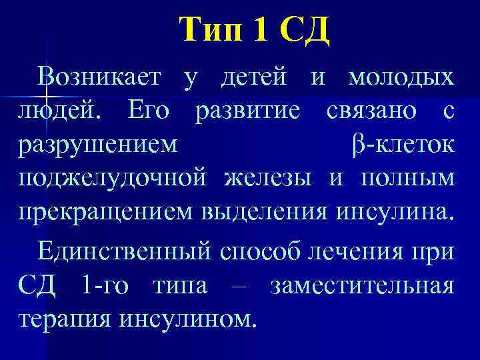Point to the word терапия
(x=64, y=319)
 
